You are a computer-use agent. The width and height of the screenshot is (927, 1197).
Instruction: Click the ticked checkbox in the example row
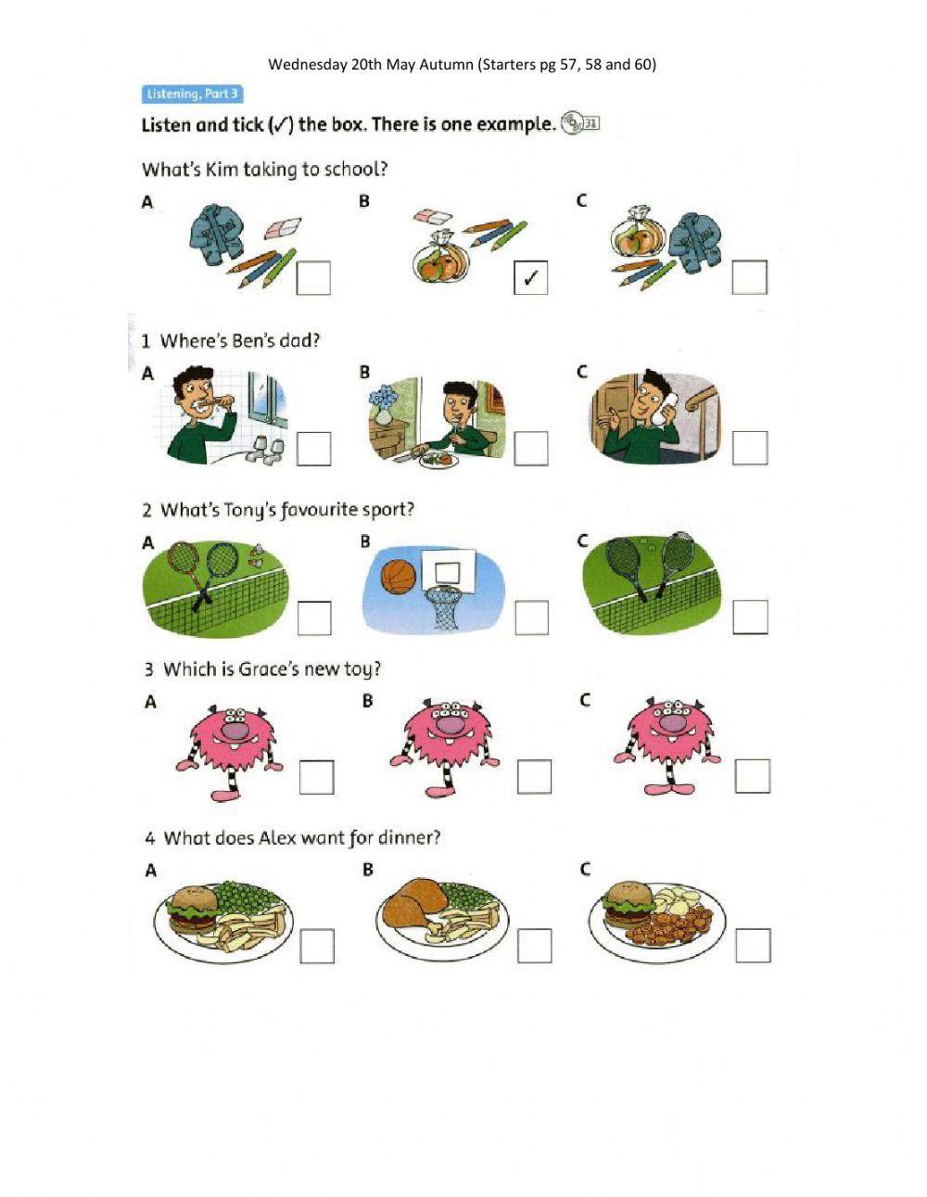pyautogui.click(x=530, y=277)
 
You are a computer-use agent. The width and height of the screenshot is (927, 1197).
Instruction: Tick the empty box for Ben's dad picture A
pyautogui.click(x=313, y=449)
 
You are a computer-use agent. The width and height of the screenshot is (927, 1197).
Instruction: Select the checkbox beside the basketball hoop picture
pyautogui.click(x=531, y=618)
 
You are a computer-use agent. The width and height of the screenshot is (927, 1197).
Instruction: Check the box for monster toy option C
pyautogui.click(x=752, y=776)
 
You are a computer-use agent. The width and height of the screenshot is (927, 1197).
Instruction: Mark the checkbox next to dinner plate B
pyautogui.click(x=534, y=946)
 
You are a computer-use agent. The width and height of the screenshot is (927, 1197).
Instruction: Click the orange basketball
pyautogui.click(x=399, y=576)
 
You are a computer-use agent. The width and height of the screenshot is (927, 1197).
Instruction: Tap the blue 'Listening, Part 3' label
pyautogui.click(x=192, y=94)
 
